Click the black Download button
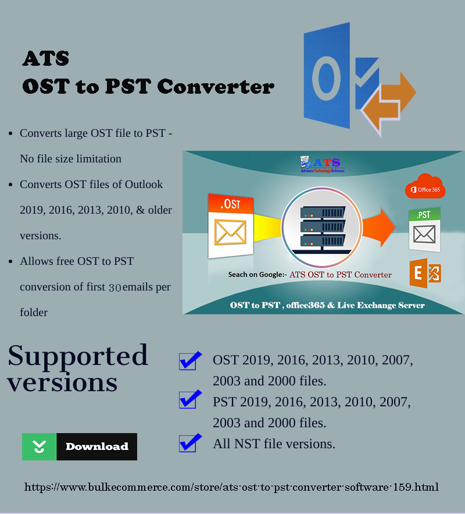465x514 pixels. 96,446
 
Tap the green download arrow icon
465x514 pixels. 39,446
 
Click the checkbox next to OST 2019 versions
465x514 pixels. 188,361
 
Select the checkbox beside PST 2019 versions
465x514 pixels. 188,400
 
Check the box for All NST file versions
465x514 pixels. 188,443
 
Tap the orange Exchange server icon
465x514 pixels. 424,272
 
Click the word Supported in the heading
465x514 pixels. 78,356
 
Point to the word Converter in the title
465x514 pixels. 215,87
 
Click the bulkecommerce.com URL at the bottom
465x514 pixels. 231,487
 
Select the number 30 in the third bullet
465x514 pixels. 115,287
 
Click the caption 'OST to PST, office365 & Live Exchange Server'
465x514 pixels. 327,305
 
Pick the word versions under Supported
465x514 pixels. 63,382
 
